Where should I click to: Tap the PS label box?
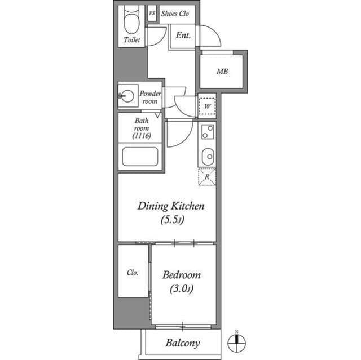(152, 13)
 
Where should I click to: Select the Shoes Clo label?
(175, 14)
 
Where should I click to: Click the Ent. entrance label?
(183, 35)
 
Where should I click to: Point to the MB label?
(222, 71)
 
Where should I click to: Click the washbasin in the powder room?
(127, 95)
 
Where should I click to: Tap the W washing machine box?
(207, 106)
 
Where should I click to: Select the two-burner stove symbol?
(208, 132)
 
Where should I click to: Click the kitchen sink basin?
(208, 157)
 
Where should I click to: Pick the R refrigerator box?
(207, 176)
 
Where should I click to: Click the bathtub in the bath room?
(140, 157)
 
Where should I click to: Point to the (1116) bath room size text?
(142, 136)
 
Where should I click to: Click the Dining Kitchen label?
(171, 206)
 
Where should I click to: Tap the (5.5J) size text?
(173, 220)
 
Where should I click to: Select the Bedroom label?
(182, 275)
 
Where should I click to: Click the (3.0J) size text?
(182, 289)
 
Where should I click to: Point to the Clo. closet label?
(133, 273)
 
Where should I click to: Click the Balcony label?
(183, 343)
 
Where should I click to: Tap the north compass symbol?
(237, 343)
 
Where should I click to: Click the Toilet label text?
(131, 40)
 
